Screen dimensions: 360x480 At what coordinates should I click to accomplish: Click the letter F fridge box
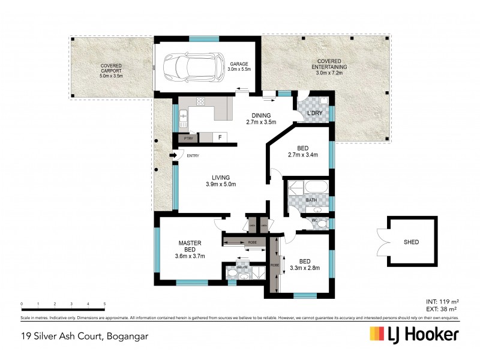(220, 137)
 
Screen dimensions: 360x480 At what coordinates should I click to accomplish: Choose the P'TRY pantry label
(187, 138)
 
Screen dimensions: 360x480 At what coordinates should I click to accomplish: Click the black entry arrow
(174, 155)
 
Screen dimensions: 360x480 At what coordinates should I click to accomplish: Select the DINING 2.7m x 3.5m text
(261, 119)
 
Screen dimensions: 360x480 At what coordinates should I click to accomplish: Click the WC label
(313, 221)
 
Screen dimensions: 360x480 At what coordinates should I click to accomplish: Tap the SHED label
(411, 242)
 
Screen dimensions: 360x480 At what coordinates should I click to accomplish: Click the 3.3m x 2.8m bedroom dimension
(305, 268)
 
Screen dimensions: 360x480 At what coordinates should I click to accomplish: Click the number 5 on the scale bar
(104, 304)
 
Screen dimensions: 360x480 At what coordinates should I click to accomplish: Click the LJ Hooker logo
(414, 334)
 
